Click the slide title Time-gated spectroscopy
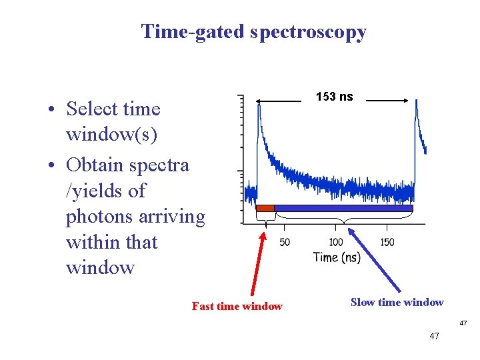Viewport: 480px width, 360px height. pos(253,31)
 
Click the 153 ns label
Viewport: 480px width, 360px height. pos(334,97)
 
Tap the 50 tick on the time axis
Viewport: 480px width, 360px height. pos(285,242)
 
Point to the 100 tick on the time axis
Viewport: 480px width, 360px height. pos(336,242)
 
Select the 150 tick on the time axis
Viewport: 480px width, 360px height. pos(387,242)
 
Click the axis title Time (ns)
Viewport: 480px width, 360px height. pos(337,257)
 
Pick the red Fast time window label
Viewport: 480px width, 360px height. pos(237,307)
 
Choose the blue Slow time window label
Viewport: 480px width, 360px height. pos(397,303)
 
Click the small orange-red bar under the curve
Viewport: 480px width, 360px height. pos(265,208)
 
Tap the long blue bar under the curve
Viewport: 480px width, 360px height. pos(343,208)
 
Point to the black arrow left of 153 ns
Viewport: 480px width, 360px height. pos(280,101)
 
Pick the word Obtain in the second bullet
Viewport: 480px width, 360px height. pos(99,165)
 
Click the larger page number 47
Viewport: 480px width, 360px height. pos(434,337)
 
